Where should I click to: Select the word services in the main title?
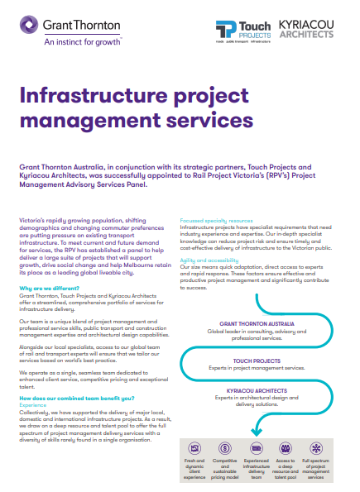tap(201, 121)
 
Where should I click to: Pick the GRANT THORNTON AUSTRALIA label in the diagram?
tap(256, 324)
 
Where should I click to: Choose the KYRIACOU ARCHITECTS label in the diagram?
tap(256, 391)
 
